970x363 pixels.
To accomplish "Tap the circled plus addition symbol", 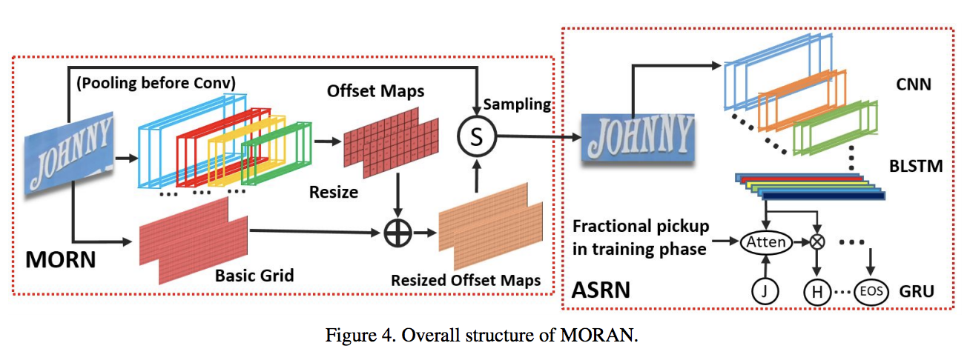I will pyautogui.click(x=398, y=233).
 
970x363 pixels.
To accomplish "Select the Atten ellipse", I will pyautogui.click(x=766, y=241).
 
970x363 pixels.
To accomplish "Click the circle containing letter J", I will pyautogui.click(x=766, y=290).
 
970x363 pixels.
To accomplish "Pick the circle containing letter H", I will pyautogui.click(x=817, y=291).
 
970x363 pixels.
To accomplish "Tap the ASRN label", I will pyautogui.click(x=601, y=289).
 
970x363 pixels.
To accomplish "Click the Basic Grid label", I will pyautogui.click(x=254, y=276).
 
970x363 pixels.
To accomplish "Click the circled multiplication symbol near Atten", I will pyautogui.click(x=818, y=241).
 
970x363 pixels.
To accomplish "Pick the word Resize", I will pyautogui.click(x=333, y=193).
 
